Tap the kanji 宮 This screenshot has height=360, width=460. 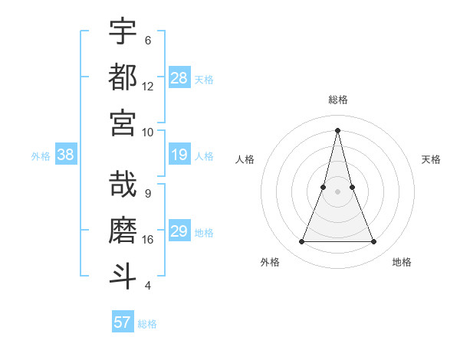point(123,123)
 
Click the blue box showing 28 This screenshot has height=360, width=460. point(179,77)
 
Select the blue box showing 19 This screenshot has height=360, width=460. point(179,155)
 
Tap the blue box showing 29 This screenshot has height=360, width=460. point(179,232)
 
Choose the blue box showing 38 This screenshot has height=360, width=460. point(66,155)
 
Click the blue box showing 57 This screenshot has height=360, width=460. point(123,322)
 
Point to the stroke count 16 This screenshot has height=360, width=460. point(148,240)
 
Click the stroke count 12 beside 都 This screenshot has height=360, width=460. point(148,87)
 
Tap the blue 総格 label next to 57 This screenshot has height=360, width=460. point(147,324)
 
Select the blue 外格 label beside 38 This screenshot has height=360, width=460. point(41,156)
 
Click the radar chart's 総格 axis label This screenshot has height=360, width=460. point(337,100)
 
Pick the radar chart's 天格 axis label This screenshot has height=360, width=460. point(431,159)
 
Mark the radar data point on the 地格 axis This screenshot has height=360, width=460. point(374,242)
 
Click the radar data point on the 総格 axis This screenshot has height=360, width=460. point(337,129)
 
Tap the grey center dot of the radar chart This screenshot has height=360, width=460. point(337,191)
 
